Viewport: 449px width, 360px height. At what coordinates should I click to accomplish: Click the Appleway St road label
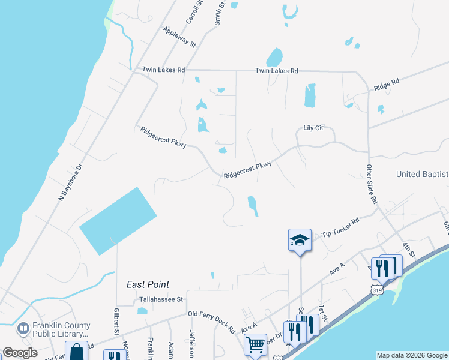(179, 37)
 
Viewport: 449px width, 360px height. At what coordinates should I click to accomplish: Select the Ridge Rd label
(386, 85)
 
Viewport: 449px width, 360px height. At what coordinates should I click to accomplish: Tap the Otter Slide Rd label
(372, 183)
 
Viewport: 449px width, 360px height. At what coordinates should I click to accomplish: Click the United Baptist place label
(422, 174)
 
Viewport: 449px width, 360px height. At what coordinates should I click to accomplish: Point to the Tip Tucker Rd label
(340, 227)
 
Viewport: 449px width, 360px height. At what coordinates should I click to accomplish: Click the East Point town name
(148, 284)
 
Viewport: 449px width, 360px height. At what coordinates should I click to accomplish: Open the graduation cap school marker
(300, 241)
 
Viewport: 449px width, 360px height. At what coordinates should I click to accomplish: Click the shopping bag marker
(77, 352)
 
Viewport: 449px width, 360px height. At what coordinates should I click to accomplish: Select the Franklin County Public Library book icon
(23, 329)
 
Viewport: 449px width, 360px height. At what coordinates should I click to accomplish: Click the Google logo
(20, 353)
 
